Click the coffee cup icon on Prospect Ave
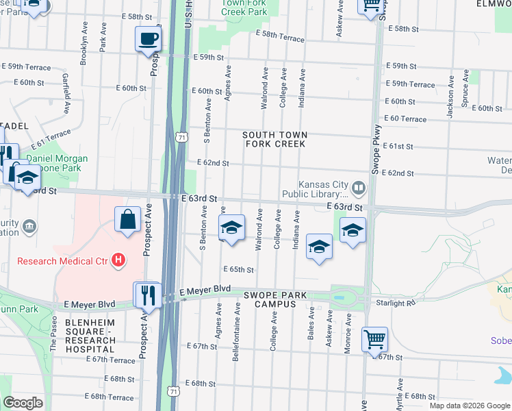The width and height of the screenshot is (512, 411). pyautogui.click(x=148, y=38)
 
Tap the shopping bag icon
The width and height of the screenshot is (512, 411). pyautogui.click(x=128, y=220)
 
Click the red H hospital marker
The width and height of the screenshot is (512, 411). pyautogui.click(x=119, y=260)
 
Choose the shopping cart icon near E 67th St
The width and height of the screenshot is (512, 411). pyautogui.click(x=375, y=339)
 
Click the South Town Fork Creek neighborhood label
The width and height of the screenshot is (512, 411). pyautogui.click(x=275, y=140)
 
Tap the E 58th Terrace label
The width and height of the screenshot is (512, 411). pyautogui.click(x=279, y=36)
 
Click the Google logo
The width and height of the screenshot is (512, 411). pyautogui.click(x=23, y=403)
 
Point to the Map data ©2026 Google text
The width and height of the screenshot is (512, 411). pyautogui.click(x=469, y=406)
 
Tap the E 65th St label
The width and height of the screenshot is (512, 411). pyautogui.click(x=239, y=269)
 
